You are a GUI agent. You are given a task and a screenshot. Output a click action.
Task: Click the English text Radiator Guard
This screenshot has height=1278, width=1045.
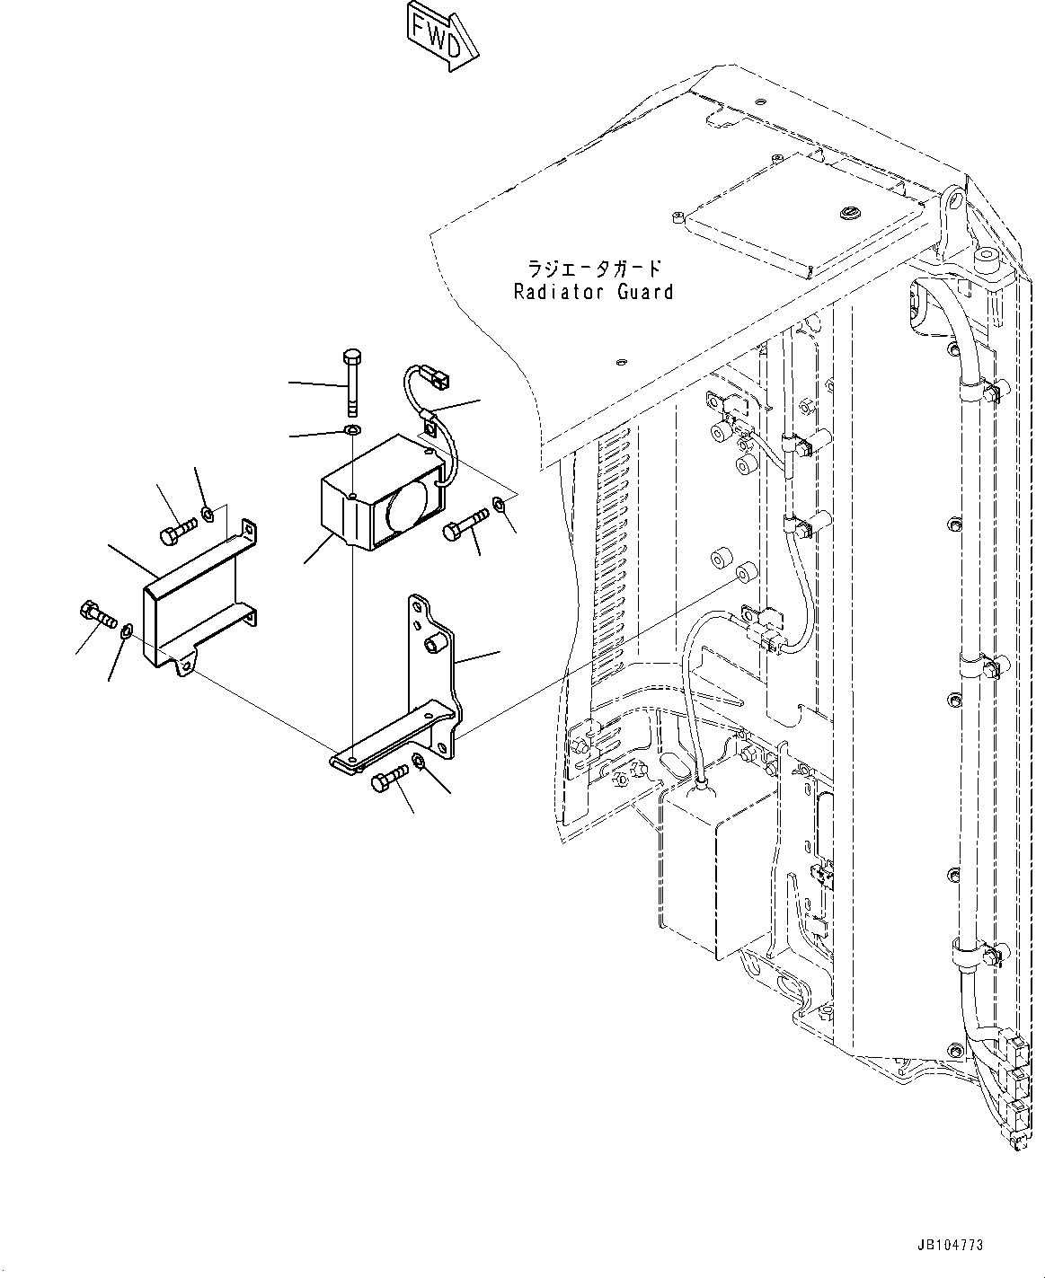pyautogui.click(x=593, y=292)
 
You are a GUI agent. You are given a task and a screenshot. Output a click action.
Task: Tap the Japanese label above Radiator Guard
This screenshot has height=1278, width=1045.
pyautogui.click(x=594, y=269)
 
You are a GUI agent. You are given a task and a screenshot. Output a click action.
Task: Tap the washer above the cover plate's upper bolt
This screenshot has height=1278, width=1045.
pyautogui.click(x=208, y=514)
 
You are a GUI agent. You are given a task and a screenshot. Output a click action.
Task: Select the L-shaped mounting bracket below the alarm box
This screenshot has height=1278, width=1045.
pyautogui.click(x=431, y=683)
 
